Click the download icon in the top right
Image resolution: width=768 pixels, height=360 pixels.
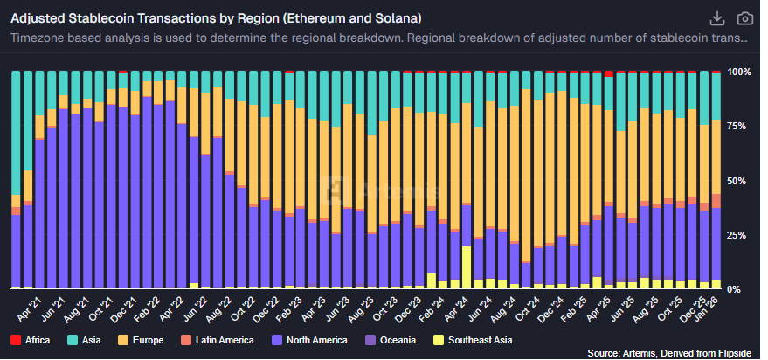[x=717, y=18]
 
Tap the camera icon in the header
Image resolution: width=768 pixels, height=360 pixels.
[x=745, y=18]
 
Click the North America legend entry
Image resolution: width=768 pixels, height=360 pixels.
[x=308, y=340]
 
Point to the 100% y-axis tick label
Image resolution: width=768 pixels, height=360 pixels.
[x=739, y=72]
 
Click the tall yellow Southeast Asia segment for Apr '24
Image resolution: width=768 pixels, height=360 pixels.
[x=467, y=267]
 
